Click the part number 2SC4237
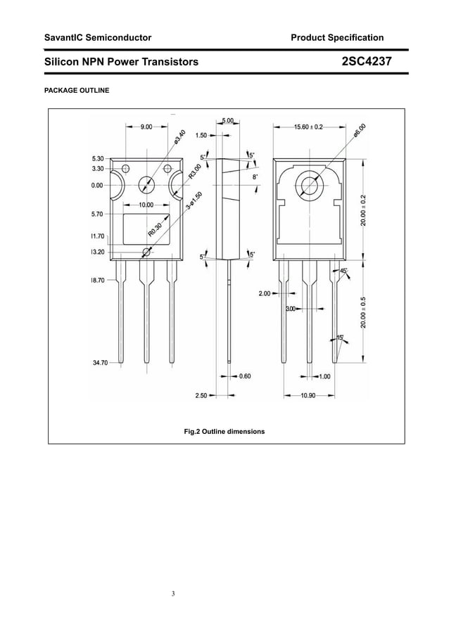(x=366, y=62)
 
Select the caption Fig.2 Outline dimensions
(x=224, y=431)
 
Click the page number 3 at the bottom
(x=174, y=594)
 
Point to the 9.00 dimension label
(x=147, y=127)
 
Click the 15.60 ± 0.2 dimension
(x=308, y=127)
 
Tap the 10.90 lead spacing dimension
(x=308, y=396)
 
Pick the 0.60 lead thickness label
(x=245, y=376)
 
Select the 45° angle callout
(x=343, y=271)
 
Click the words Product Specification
(x=338, y=37)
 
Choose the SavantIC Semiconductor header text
(x=98, y=37)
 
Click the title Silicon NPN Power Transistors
(x=121, y=62)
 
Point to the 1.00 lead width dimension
(x=324, y=376)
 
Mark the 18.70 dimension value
(x=97, y=280)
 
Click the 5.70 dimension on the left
(x=97, y=214)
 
